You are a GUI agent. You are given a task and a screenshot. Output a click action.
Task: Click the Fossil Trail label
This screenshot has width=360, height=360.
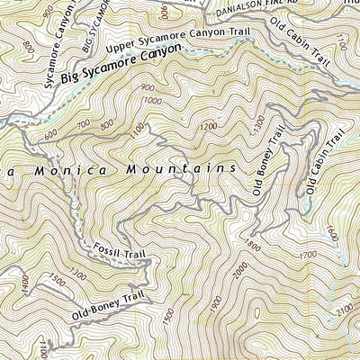[x=120, y=251]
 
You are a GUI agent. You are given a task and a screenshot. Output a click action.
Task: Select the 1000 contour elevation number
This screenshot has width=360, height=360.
[x=155, y=100]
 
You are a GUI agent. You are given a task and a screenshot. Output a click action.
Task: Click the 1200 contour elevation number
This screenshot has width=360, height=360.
[x=209, y=128]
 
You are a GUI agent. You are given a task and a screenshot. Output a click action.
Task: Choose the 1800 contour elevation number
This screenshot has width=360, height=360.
[x=252, y=245]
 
